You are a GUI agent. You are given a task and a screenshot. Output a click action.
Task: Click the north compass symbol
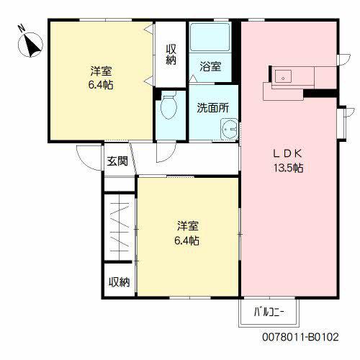click(30, 45)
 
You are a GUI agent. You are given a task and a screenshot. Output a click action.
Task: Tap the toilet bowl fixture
click(168, 105)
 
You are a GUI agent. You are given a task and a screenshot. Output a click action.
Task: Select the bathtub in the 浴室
click(210, 37)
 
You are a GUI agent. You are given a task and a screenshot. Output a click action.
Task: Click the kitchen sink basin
click(283, 76)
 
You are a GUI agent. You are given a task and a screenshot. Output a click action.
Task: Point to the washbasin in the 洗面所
click(229, 129)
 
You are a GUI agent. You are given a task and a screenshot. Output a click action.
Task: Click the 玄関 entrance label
click(117, 161)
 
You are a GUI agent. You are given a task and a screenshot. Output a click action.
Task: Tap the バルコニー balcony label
click(269, 312)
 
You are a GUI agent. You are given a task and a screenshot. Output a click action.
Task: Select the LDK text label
click(288, 153)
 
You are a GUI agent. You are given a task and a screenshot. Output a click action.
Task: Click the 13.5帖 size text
click(289, 168)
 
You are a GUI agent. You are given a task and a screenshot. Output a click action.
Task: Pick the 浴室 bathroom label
click(210, 66)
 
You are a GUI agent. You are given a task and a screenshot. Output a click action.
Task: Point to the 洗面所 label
click(213, 108)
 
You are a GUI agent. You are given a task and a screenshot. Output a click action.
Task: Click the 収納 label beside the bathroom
click(171, 55)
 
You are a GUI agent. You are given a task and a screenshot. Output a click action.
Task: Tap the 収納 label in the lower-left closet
click(120, 282)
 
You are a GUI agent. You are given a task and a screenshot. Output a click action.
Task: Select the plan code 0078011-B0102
click(300, 337)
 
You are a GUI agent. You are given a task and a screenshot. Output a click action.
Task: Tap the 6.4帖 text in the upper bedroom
click(101, 85)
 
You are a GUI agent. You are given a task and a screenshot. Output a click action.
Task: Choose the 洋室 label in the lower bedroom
click(188, 226)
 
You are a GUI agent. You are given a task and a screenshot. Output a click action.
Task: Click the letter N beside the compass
click(22, 29)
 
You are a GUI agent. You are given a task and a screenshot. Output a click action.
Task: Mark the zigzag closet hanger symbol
click(120, 228)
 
